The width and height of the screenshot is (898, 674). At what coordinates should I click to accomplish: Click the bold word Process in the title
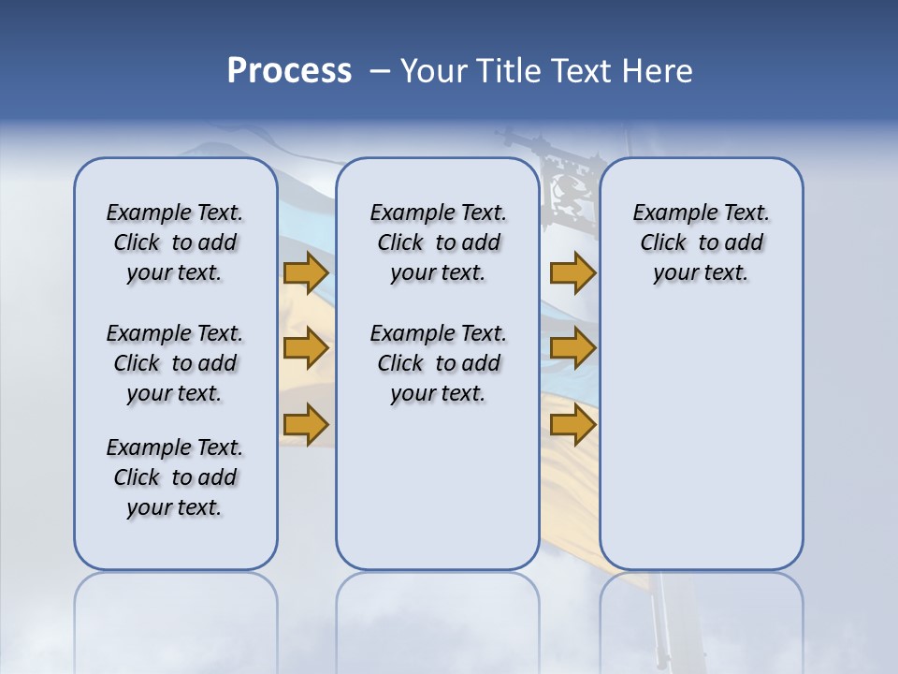click(289, 71)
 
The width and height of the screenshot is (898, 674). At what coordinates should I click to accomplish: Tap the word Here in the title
click(657, 71)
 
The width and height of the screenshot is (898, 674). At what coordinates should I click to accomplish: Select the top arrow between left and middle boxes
click(306, 272)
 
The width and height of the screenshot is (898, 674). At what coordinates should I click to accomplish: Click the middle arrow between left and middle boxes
click(306, 348)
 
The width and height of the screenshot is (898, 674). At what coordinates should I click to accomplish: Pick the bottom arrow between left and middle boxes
click(306, 424)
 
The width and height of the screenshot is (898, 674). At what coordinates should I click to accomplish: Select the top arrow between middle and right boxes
click(572, 272)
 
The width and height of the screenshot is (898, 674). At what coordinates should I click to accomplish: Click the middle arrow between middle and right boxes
click(572, 348)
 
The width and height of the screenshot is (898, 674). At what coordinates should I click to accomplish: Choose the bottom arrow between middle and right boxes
click(572, 424)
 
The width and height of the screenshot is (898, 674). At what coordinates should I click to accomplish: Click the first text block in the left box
click(175, 242)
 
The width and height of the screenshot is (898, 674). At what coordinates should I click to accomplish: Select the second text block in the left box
click(175, 363)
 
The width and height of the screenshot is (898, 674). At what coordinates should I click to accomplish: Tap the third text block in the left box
click(175, 477)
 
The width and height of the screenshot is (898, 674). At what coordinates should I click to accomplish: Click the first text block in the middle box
click(438, 242)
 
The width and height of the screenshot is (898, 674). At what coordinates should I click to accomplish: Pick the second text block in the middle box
click(438, 363)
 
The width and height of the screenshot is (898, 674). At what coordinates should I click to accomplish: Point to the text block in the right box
click(701, 242)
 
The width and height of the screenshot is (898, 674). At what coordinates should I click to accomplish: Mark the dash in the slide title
click(380, 71)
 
